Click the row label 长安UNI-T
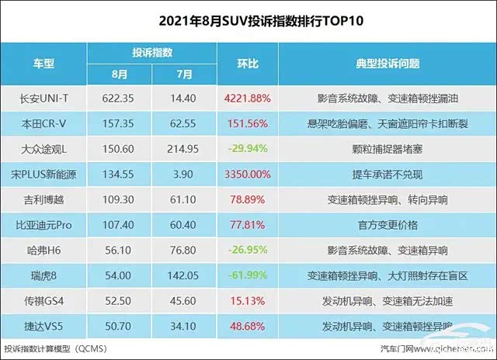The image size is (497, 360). pos(48,99)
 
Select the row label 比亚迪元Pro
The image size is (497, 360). pos(48,225)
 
